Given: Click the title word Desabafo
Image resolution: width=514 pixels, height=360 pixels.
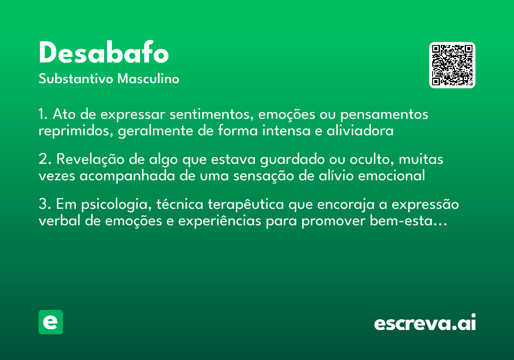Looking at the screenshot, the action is (104, 52).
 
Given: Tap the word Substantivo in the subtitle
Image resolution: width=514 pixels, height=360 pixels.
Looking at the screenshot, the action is (76, 79).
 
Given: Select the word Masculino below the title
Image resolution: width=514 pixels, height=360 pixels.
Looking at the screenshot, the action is (148, 79).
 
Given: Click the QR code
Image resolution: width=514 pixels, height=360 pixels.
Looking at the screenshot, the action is (452, 65).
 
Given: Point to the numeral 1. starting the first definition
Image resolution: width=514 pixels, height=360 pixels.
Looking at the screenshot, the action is (43, 114).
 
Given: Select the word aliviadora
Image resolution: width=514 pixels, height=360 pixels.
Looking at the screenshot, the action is (360, 130).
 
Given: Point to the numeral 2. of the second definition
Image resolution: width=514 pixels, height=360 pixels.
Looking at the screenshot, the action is (45, 159).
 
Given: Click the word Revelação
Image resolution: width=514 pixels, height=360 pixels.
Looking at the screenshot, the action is (90, 159).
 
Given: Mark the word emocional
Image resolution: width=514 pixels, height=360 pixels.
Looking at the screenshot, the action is (391, 176).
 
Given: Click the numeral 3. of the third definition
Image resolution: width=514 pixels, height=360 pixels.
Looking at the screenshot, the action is (45, 204).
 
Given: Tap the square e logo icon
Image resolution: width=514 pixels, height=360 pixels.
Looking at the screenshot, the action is (51, 322).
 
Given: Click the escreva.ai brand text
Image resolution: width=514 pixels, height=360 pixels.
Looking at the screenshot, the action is (425, 322).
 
